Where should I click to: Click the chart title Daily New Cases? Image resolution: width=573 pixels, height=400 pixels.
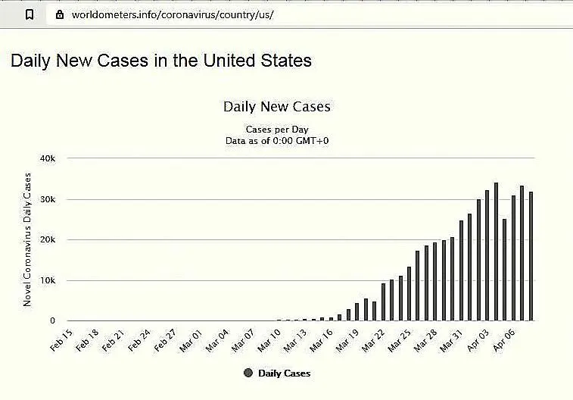[276, 107]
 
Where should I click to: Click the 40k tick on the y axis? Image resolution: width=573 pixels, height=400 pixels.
[48, 158]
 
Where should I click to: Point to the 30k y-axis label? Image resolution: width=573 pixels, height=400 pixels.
[48, 199]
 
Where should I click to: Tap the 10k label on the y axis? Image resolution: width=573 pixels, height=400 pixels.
[48, 280]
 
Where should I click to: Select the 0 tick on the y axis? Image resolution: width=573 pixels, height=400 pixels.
[52, 321]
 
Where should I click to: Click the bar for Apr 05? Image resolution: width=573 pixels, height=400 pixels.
[513, 258]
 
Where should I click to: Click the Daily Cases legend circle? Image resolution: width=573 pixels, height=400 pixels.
[248, 373]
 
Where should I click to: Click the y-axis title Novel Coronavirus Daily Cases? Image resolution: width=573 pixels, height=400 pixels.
[27, 239]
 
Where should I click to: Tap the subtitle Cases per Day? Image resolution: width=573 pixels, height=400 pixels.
[276, 130]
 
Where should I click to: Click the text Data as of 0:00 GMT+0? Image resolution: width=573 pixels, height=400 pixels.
[276, 140]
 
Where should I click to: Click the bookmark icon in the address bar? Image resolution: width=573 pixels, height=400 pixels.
[30, 14]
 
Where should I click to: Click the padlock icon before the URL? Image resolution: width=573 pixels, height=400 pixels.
[60, 14]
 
